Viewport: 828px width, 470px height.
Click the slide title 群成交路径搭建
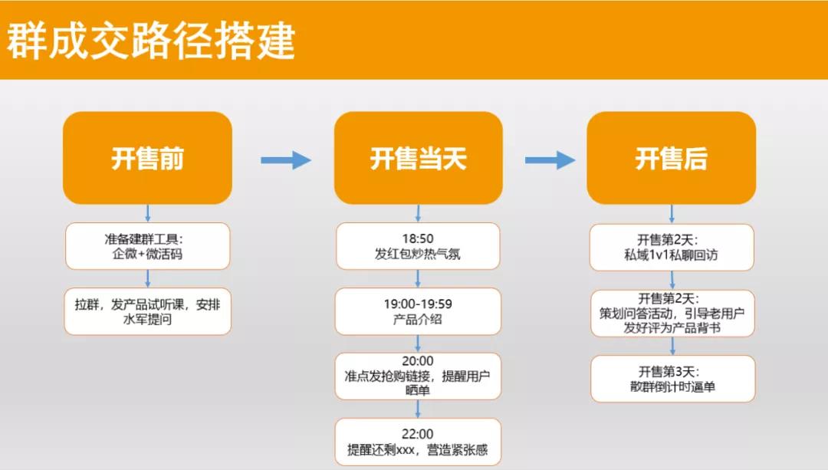(151, 41)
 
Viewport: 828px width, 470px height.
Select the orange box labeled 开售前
(147, 159)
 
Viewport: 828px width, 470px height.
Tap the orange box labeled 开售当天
(418, 159)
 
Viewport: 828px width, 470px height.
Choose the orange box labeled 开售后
(671, 159)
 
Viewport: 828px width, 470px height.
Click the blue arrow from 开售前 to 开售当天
(285, 160)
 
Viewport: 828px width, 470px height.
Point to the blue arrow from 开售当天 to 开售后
(550, 160)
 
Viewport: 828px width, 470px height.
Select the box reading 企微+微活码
(147, 246)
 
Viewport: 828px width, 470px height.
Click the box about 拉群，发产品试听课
(147, 311)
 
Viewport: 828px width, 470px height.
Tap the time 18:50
(418, 238)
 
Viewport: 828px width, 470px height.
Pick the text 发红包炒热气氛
(418, 255)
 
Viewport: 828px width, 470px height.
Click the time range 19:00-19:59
(418, 304)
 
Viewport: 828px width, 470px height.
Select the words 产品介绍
(418, 320)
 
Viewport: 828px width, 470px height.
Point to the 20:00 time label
(418, 360)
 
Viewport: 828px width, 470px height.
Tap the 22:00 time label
(418, 433)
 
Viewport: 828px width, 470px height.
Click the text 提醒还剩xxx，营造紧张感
(418, 449)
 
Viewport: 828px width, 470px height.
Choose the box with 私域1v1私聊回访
(672, 247)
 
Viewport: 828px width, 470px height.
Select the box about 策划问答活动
(672, 313)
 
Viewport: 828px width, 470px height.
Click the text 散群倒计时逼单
(672, 387)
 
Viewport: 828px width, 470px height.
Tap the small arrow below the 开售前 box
(147, 213)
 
